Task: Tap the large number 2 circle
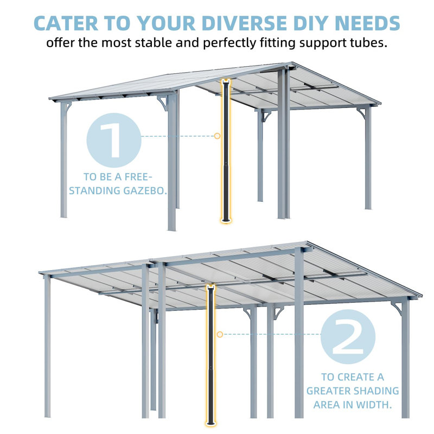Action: coord(347,336)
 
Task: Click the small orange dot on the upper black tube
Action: coord(217,136)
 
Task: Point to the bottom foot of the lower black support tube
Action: coord(209,424)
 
